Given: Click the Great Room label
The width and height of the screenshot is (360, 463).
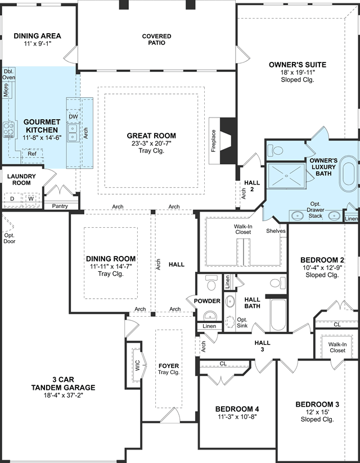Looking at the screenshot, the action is click(x=151, y=136).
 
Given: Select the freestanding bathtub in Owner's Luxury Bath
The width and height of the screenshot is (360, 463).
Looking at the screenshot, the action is click(x=348, y=174).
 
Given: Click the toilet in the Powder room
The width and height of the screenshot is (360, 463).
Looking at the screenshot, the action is click(x=211, y=282).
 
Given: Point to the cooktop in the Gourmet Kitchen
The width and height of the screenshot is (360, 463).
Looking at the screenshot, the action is click(x=8, y=130).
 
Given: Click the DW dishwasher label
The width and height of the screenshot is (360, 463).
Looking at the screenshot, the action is click(x=73, y=116).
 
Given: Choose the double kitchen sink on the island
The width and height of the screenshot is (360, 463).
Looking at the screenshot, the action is click(x=73, y=133).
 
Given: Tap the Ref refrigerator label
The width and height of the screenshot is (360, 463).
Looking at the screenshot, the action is click(x=32, y=154).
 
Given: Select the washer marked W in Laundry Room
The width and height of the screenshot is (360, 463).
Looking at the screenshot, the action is click(x=31, y=199).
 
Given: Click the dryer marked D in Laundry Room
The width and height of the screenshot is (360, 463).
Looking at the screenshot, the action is click(x=12, y=199).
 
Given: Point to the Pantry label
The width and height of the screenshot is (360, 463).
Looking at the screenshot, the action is click(x=60, y=206).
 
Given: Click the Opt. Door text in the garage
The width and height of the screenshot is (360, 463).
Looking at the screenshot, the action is click(x=10, y=239).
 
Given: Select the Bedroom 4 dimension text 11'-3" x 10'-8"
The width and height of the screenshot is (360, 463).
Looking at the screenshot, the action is click(x=237, y=417).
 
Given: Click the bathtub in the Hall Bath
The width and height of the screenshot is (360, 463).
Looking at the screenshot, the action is click(x=278, y=314).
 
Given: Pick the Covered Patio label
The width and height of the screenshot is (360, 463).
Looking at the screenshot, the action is click(x=156, y=39).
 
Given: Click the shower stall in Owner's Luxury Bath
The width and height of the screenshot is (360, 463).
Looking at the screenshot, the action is click(x=286, y=176).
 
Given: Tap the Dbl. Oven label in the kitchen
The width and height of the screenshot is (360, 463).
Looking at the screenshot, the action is click(x=8, y=75).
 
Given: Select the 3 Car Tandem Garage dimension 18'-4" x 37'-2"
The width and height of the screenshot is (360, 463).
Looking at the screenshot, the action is click(x=63, y=395).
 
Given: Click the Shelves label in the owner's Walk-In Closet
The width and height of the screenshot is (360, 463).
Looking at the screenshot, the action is click(x=276, y=231).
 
